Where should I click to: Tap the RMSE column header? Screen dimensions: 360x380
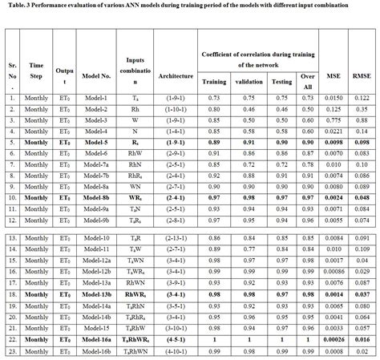(362, 76)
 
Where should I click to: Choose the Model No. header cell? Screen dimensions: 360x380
(95, 76)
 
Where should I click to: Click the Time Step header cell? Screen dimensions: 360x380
(36, 71)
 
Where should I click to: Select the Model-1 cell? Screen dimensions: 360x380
(95, 97)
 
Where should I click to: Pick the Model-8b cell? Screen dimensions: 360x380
(95, 196)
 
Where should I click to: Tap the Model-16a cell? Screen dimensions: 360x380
(95, 340)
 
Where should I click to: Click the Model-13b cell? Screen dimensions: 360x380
(95, 294)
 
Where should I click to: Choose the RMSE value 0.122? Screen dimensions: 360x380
(362, 97)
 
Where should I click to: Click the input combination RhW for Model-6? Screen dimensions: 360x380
(135, 152)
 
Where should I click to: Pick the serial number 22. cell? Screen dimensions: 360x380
(12, 340)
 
